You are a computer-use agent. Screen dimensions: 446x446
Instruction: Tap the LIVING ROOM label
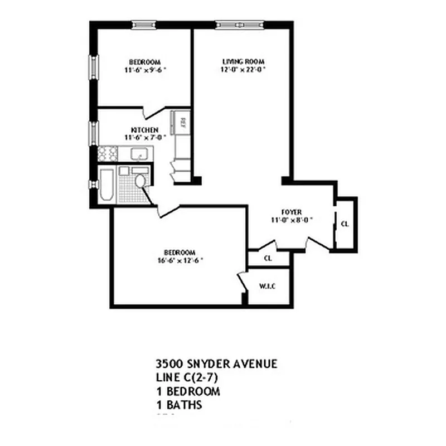point(243,61)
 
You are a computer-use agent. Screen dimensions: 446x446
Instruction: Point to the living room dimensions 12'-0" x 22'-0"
point(243,70)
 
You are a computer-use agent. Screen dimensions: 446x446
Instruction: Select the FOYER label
point(292,212)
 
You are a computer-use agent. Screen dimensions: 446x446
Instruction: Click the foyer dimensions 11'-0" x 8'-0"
point(292,220)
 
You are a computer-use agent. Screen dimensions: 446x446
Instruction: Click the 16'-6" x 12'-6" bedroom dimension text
point(180,260)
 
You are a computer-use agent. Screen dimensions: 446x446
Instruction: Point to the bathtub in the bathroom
point(106,186)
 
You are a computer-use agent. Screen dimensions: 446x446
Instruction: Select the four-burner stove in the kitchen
point(107,153)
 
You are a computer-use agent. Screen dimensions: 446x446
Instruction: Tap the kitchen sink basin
point(138,153)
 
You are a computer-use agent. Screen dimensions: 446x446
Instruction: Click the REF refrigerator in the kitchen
point(182,122)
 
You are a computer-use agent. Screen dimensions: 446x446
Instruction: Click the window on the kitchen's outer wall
point(94,133)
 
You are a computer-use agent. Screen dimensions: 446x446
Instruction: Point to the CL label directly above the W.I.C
point(268,259)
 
